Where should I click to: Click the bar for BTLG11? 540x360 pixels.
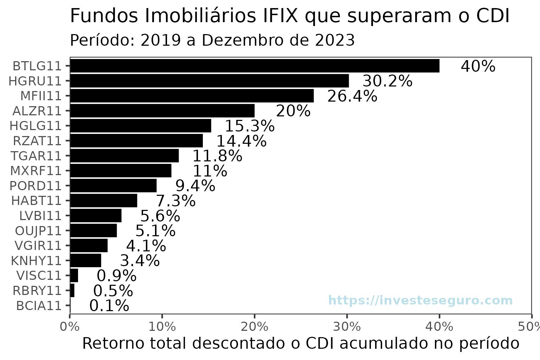click(x=255, y=66)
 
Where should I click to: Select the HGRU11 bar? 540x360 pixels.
click(x=210, y=81)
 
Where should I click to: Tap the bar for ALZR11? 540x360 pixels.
click(x=162, y=111)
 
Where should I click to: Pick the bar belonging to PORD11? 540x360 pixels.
click(x=113, y=186)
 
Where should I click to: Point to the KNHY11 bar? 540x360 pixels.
click(x=86, y=261)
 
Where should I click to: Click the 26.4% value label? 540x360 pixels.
click(x=352, y=96)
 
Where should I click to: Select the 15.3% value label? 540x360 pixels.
click(x=249, y=126)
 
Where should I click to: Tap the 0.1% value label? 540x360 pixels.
click(x=109, y=306)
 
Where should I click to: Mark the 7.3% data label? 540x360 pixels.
click(x=175, y=201)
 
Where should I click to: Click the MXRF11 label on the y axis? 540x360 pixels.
click(x=36, y=171)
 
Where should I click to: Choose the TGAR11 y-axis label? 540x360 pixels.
click(x=36, y=156)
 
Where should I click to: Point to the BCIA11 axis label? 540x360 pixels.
click(x=39, y=306)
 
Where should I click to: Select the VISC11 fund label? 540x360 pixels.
click(x=39, y=276)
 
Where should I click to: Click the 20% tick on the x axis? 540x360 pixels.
click(x=255, y=327)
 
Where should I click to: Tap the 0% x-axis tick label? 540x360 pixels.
click(x=70, y=327)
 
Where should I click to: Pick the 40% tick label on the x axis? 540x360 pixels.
click(x=439, y=327)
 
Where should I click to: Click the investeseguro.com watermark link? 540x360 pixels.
click(x=420, y=301)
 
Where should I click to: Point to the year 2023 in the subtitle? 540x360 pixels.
click(x=334, y=40)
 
